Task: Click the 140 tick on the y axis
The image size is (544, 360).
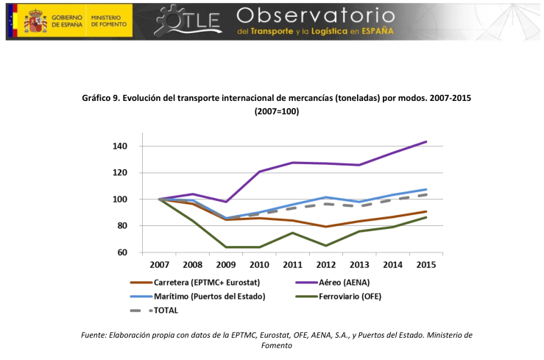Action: [x=120, y=147]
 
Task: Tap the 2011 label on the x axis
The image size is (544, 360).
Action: [x=293, y=265]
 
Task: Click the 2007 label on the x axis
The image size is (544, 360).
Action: [x=160, y=265]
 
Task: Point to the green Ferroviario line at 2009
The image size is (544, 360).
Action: [x=226, y=247]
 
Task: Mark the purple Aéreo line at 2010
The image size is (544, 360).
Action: [x=259, y=172]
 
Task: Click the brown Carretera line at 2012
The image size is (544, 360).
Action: [x=326, y=227]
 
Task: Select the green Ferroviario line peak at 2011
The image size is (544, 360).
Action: [x=293, y=233]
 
